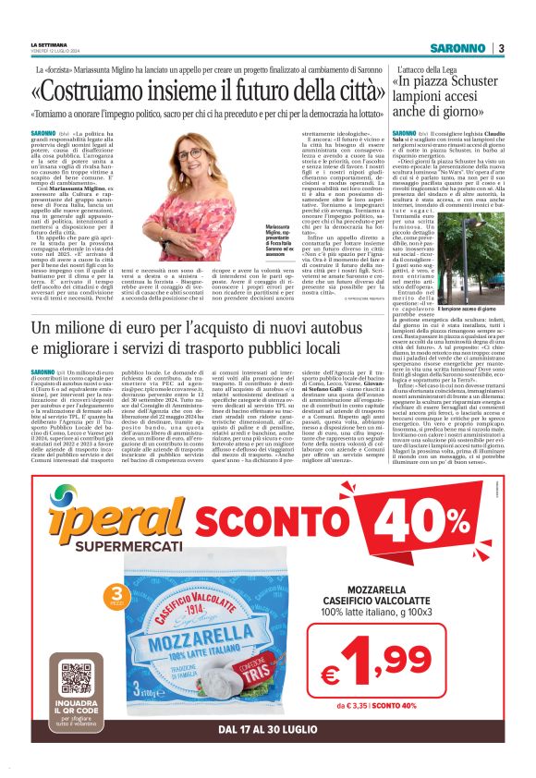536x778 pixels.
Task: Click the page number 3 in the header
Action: [x=501, y=48]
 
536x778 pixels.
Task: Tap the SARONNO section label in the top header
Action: [x=460, y=48]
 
